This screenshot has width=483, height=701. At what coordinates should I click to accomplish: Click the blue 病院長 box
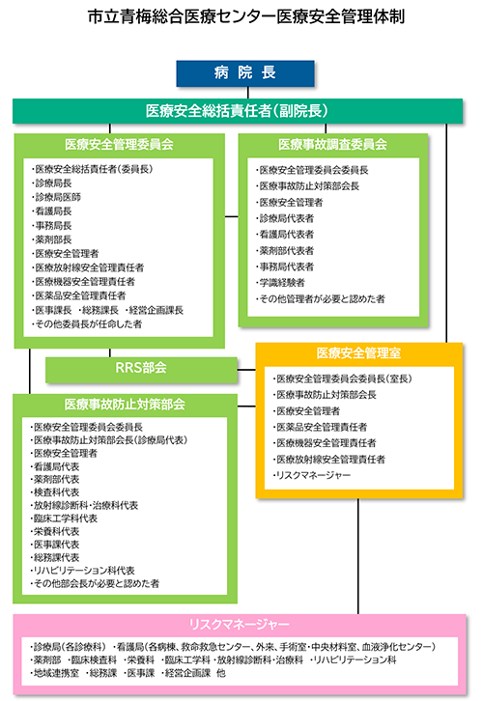245,72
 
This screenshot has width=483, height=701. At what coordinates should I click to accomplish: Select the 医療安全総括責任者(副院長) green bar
237,111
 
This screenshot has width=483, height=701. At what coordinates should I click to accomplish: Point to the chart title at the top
246,16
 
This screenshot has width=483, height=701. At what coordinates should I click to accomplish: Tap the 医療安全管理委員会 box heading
119,145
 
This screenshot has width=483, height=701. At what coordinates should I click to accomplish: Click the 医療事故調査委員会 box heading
332,145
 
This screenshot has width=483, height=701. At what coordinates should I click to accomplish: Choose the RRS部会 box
141,369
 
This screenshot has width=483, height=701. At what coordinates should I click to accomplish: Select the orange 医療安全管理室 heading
358,353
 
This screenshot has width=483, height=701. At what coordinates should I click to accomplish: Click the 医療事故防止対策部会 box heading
125,405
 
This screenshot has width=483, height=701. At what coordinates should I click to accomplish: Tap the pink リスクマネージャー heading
240,624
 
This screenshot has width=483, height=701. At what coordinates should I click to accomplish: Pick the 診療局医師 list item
56,197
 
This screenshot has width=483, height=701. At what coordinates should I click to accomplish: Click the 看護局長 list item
51,211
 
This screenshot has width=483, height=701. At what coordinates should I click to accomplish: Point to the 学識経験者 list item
280,283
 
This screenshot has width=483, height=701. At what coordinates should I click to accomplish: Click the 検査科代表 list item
54,492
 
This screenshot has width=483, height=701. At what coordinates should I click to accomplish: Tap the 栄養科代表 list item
54,532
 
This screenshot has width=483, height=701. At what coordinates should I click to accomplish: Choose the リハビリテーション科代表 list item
82,571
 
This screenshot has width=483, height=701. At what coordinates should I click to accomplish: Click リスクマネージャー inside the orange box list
312,475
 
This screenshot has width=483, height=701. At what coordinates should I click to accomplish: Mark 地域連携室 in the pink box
54,673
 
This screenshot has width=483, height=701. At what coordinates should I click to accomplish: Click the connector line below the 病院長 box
247,93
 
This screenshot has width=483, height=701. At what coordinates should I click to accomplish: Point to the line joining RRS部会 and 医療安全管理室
246,370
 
